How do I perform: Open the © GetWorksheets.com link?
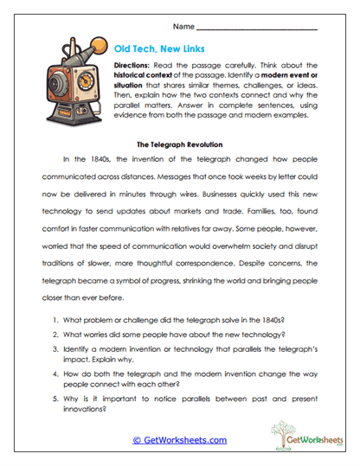coord(180,440)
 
